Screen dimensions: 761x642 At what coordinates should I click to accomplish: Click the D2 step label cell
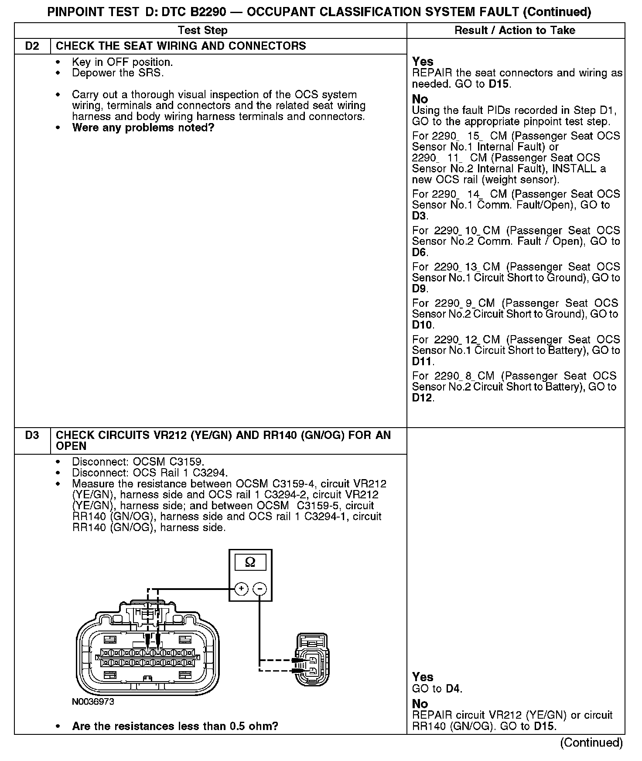click(32, 46)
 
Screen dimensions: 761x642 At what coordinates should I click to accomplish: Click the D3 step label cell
click(32, 435)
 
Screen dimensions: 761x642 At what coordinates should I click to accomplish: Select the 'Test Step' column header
click(202, 30)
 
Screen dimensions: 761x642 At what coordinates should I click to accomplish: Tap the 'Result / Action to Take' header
click(515, 30)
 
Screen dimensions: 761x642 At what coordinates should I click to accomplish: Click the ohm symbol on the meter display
click(250, 562)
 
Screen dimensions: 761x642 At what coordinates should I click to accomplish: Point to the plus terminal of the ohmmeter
click(241, 589)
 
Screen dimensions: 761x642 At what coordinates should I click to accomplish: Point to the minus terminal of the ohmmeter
click(260, 589)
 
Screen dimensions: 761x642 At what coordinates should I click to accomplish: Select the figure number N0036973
click(93, 702)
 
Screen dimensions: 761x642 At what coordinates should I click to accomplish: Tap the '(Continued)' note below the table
click(591, 742)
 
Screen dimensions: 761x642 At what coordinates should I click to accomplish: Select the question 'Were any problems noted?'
click(143, 128)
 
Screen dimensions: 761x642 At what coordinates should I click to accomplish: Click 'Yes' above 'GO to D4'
click(423, 677)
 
